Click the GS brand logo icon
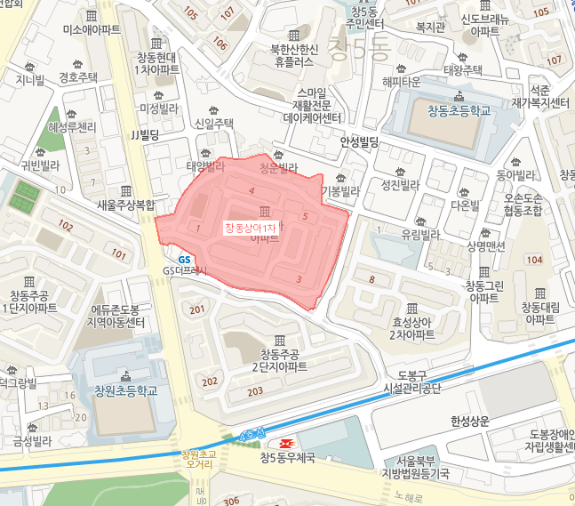coord(184,259)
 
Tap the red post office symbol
coord(287,444)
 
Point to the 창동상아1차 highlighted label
coord(250,229)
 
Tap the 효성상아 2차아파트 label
coord(411,329)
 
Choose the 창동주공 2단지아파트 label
coord(277,360)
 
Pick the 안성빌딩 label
coord(360,141)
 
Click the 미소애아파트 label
coord(92,29)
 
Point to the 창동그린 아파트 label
coord(483,292)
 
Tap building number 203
coord(255,391)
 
